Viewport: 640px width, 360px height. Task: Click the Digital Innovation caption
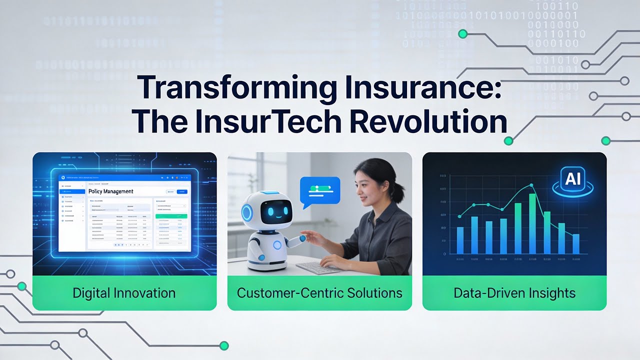124,293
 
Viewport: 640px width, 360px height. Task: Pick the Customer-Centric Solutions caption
319,293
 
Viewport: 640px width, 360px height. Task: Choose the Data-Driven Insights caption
514,293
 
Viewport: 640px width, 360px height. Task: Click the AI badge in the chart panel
573,180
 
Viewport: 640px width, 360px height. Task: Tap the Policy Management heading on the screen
110,191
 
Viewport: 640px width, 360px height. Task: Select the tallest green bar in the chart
532,223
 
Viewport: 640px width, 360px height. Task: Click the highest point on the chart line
531,185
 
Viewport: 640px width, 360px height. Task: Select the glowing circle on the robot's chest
277,245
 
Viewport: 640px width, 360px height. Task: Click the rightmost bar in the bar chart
576,243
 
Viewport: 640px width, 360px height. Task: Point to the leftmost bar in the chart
460,240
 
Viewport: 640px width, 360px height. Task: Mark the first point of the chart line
459,216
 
